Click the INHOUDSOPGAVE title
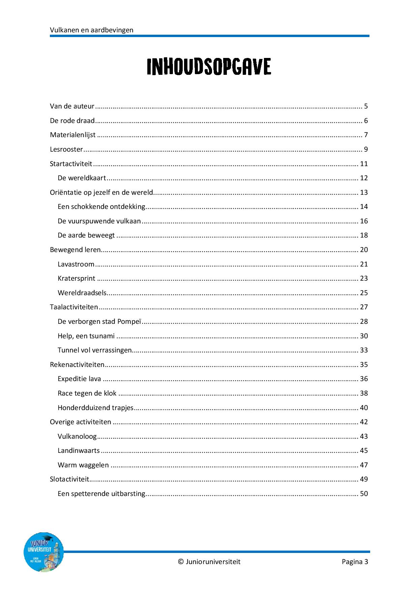[209, 67]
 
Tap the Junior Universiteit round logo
[43, 552]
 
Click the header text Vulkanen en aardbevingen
[91, 30]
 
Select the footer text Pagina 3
[355, 562]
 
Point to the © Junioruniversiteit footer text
[209, 562]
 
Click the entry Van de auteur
[72, 106]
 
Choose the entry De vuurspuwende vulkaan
[99, 221]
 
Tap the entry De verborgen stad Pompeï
[99, 321]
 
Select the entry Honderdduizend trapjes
[96, 408]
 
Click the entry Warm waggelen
[83, 465]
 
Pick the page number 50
[364, 494]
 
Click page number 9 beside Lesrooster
[366, 149]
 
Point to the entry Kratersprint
[77, 278]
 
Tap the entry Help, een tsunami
[86, 336]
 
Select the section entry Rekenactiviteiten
[77, 365]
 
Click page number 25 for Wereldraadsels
[364, 293]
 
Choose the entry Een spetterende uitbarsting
[101, 494]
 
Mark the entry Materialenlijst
[73, 135]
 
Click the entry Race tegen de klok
[87, 393]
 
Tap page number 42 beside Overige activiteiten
[364, 422]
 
